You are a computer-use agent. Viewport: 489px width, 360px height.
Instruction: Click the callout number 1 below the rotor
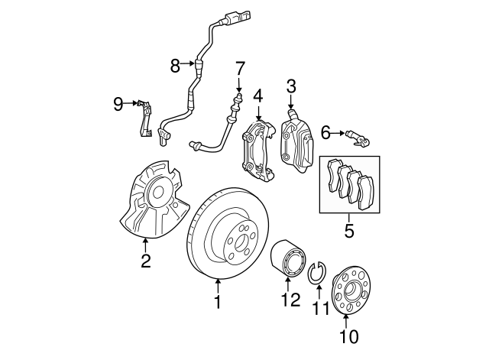tap(217, 303)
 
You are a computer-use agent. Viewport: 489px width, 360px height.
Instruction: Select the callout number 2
tap(145, 263)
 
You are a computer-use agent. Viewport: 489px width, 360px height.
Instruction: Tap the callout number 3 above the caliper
tap(290, 86)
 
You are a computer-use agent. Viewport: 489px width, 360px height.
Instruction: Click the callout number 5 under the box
tap(348, 230)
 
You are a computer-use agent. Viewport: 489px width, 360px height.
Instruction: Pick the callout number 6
tap(325, 133)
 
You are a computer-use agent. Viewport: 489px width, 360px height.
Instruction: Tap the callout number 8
tap(175, 66)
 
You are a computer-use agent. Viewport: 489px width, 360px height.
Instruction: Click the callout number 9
tap(118, 103)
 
